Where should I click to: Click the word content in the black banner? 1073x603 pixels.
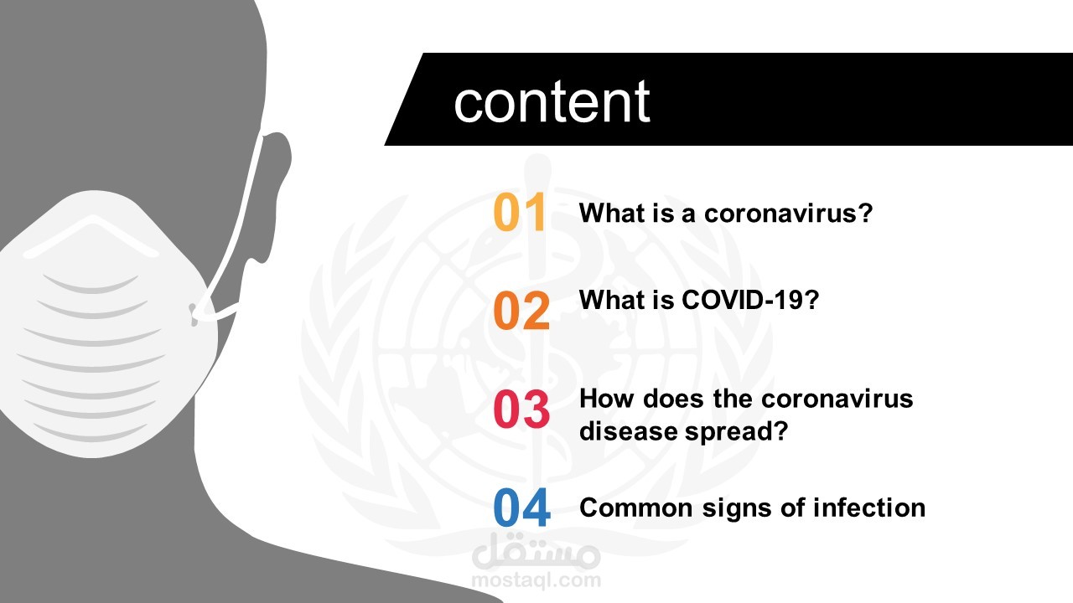552,102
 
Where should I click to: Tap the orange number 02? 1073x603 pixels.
521,311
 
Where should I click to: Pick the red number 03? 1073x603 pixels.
521,410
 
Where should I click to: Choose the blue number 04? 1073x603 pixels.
522,508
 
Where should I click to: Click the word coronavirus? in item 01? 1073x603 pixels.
789,213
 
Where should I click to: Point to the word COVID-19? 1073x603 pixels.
750,300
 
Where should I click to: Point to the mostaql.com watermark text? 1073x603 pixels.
536,580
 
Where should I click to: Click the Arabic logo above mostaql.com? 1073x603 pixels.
536,552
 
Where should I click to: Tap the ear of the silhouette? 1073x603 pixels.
276,196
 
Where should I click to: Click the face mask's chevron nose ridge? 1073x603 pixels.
91,235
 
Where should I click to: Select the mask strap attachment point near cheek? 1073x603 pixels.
194,314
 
